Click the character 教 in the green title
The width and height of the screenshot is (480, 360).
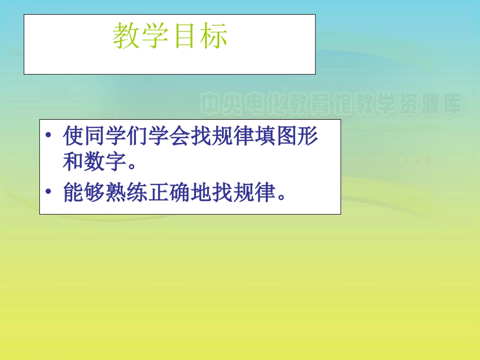(x=126, y=36)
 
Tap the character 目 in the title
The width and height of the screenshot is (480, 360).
(x=184, y=36)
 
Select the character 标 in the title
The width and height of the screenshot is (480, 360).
(x=213, y=36)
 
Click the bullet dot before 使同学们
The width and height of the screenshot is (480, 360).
(x=48, y=136)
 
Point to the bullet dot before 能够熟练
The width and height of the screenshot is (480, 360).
(x=48, y=192)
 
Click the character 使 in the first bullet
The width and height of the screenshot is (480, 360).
(x=74, y=136)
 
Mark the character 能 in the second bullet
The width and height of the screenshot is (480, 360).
(x=74, y=192)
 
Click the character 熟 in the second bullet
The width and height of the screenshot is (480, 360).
(x=116, y=192)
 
